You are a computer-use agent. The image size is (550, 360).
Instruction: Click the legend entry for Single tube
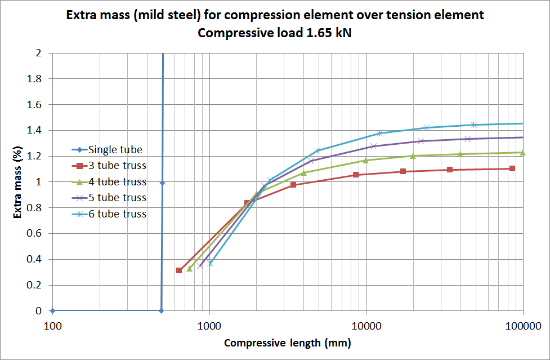point(115,150)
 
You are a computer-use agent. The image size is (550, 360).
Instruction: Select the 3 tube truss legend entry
point(117,166)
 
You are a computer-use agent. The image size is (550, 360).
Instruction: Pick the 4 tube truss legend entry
point(117,182)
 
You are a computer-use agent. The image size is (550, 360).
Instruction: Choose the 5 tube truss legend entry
point(117,198)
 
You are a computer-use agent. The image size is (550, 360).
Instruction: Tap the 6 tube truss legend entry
point(117,214)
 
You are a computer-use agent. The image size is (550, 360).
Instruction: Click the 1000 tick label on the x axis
point(209,325)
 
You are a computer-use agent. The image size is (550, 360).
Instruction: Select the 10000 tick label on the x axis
point(366,325)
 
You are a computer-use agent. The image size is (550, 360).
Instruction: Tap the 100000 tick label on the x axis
point(522,325)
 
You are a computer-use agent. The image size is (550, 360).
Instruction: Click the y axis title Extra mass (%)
point(17,182)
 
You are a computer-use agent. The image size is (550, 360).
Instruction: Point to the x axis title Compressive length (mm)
point(287,343)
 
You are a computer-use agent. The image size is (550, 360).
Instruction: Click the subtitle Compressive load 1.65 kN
point(275,33)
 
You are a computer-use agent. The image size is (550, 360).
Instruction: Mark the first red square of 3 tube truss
point(179,270)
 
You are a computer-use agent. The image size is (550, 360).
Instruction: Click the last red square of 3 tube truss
point(512,168)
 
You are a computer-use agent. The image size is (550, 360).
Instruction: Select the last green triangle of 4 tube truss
point(523,153)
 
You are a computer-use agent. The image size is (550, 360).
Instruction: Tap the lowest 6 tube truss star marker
point(210,263)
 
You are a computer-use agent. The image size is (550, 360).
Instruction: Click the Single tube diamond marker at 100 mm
point(52,310)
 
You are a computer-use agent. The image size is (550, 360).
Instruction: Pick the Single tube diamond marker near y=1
point(162,183)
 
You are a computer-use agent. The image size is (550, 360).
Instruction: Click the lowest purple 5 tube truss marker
point(200,265)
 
